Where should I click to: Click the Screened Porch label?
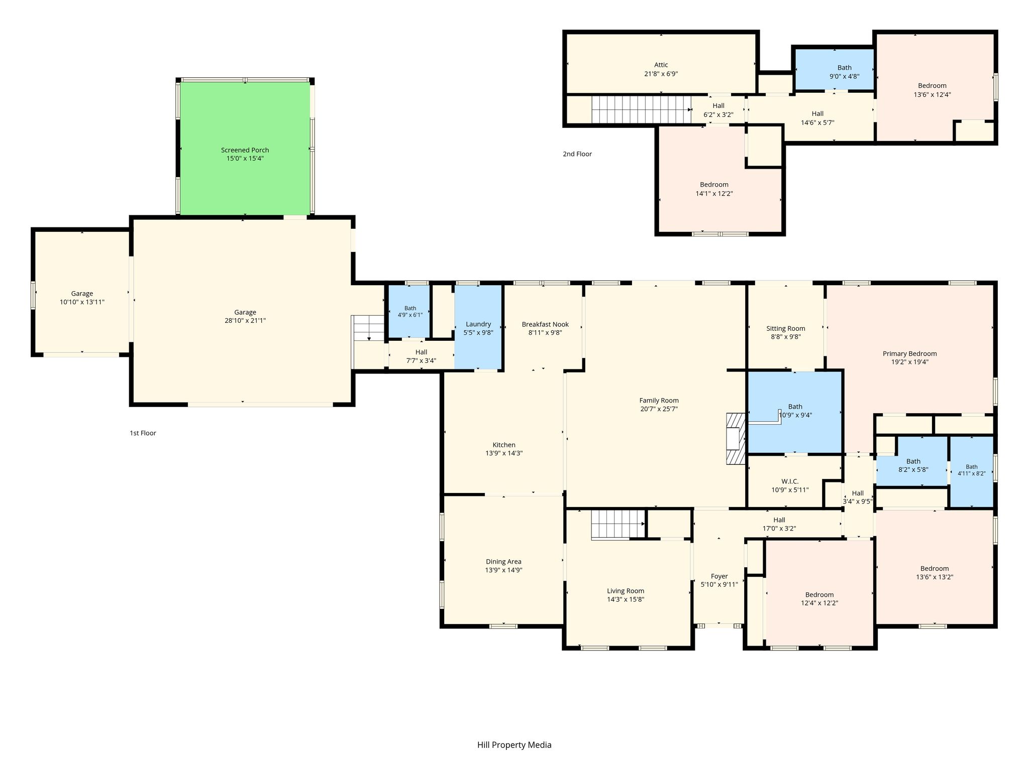(245, 150)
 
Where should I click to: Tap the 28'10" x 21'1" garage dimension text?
(245, 321)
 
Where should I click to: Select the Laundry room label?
(478, 324)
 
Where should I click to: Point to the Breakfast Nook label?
(545, 324)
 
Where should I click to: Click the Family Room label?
(659, 401)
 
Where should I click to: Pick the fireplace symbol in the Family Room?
(736, 439)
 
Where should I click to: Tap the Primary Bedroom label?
(909, 354)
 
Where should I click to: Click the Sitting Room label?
(786, 329)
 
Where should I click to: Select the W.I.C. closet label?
(790, 481)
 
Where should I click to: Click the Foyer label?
(719, 576)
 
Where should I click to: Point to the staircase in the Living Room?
(618, 525)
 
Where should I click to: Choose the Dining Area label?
(503, 562)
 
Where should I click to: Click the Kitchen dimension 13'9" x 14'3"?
(504, 453)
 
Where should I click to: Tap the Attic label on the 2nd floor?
(661, 65)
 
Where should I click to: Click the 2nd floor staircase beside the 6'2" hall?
(642, 109)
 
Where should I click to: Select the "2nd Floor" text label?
(577, 154)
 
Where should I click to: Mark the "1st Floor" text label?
(143, 433)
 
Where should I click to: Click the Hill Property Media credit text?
(514, 745)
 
